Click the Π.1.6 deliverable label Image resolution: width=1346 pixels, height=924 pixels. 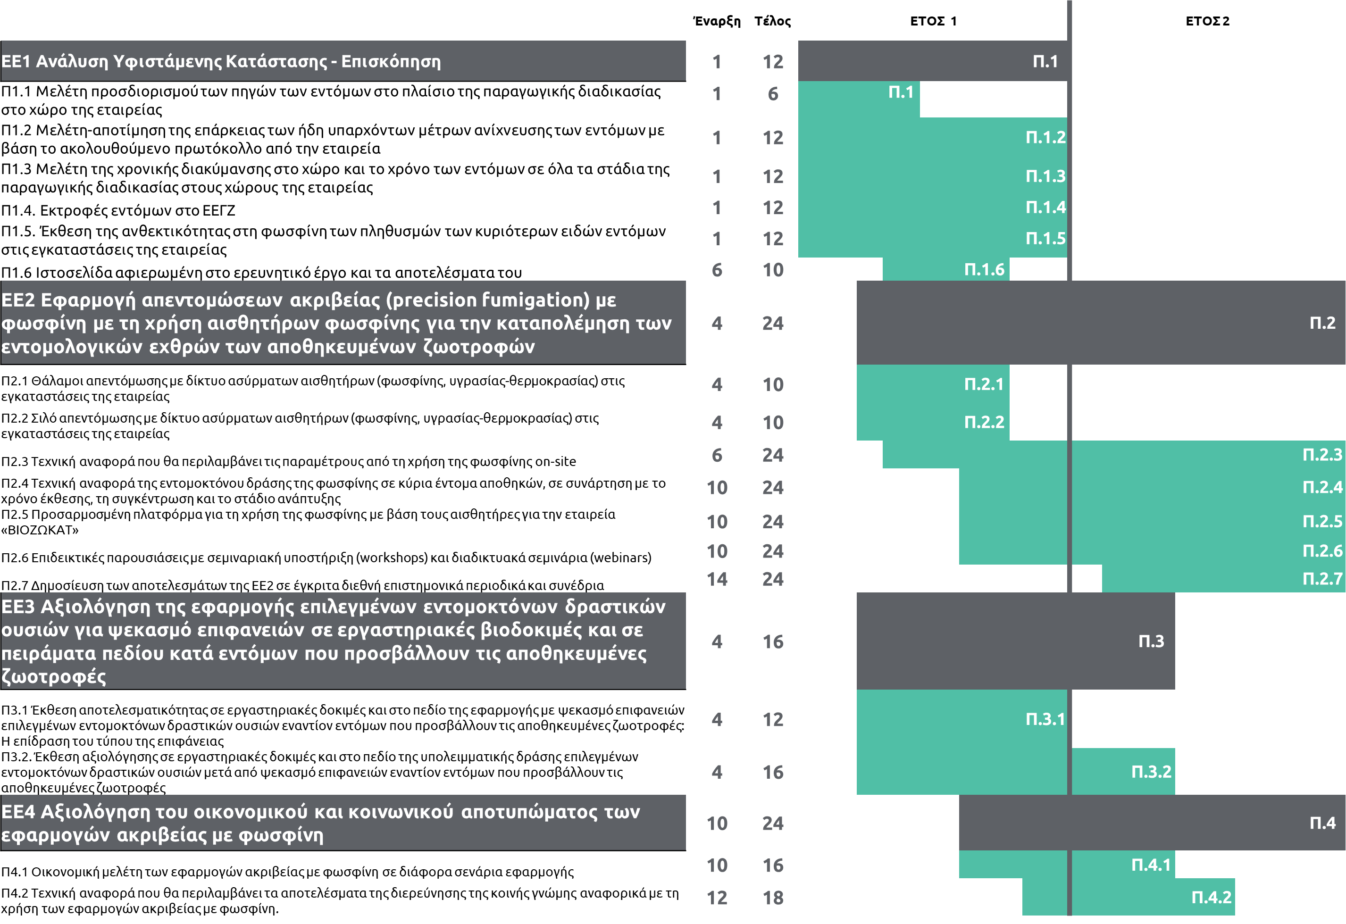pyautogui.click(x=984, y=270)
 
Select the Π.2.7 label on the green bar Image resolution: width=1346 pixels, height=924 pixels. pyautogui.click(x=1322, y=579)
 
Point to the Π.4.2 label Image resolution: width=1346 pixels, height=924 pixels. pyautogui.click(x=1211, y=898)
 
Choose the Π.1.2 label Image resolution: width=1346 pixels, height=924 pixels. pyautogui.click(x=1045, y=138)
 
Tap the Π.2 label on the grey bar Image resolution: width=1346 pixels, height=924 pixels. pyautogui.click(x=1322, y=323)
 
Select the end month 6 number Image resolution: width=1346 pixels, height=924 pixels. pyautogui.click(x=773, y=94)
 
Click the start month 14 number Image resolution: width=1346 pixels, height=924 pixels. pyautogui.click(x=717, y=580)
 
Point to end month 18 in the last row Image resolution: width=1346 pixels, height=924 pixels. pyautogui.click(x=773, y=898)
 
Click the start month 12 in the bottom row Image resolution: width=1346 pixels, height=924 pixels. pyautogui.click(x=717, y=898)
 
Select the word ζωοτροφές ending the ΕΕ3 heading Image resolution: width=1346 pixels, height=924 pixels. pyautogui.click(x=53, y=676)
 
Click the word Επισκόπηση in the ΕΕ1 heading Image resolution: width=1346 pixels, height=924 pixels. pyautogui.click(x=391, y=61)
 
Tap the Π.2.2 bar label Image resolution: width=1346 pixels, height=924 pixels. pyautogui.click(x=984, y=423)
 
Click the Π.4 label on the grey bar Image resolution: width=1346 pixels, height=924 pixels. pyautogui.click(x=1322, y=823)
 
